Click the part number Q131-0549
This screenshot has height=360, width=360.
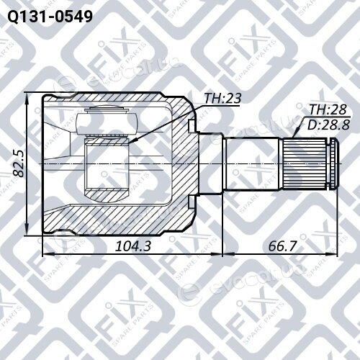pos(50,17)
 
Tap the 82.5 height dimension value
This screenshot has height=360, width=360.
pos(19,164)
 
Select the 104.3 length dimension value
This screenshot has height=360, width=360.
pos(133,246)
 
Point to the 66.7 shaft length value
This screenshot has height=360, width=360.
pos(282,246)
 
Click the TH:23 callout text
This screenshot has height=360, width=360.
pos(222,98)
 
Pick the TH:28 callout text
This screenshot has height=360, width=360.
pos(328,109)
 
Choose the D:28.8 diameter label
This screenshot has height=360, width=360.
pos(328,125)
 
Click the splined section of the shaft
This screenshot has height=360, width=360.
pos(305,164)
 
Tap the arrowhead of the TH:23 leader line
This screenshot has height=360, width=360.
pos(130,143)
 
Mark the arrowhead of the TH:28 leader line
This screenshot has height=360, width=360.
pos(295,135)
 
